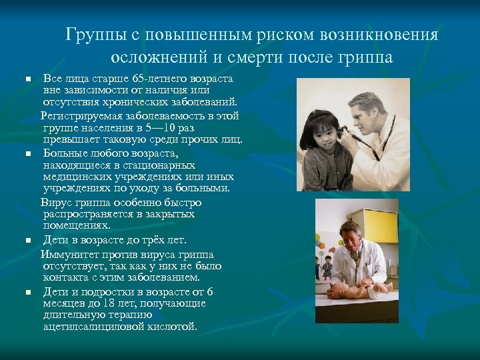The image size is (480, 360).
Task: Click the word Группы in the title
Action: coord(93,35)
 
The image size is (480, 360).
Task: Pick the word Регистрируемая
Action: coord(79,115)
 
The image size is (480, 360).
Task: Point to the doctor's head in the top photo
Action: coord(368,107)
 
